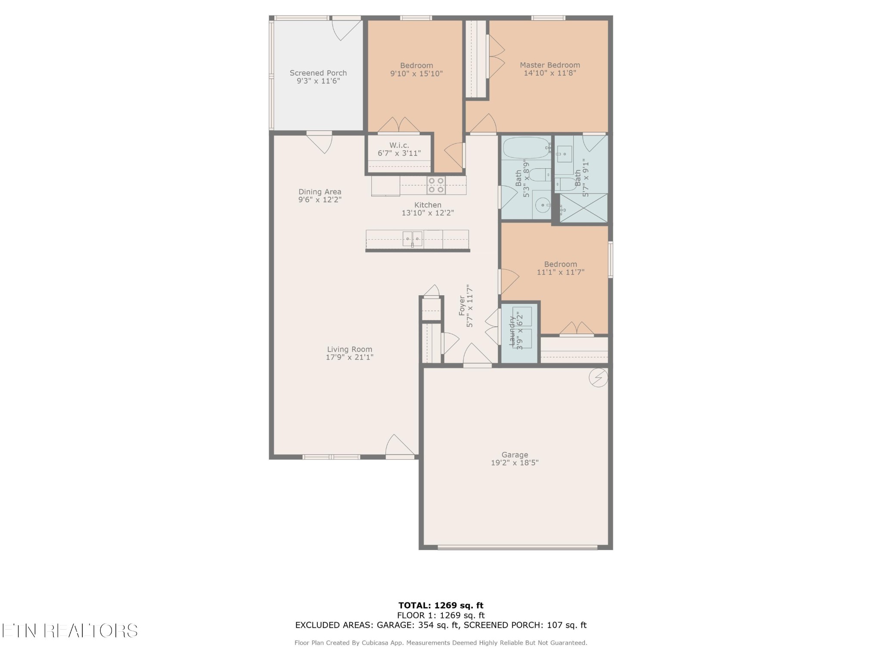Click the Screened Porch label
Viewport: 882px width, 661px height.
[318, 73]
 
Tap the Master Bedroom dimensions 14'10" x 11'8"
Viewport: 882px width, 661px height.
[550, 73]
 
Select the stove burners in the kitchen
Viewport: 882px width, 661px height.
[436, 185]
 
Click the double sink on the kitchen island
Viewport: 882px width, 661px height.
[412, 238]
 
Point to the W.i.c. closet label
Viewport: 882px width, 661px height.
[399, 145]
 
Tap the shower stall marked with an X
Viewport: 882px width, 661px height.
[583, 208]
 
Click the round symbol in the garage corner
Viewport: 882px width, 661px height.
[598, 378]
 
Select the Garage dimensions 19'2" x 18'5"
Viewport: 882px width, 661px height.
[515, 463]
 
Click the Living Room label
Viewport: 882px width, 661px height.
[349, 349]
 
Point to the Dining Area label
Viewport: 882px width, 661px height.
[320, 192]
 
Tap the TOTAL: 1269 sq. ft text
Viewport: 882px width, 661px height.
[441, 605]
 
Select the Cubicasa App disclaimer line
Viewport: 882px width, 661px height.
[441, 642]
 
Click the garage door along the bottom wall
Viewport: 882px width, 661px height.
[517, 547]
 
